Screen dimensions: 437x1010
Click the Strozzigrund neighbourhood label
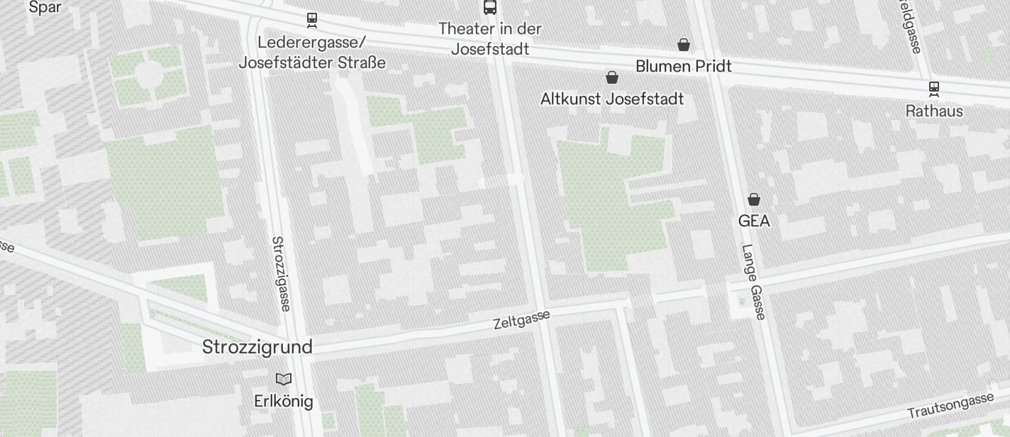coord(257,347)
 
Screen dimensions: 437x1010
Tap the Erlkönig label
coord(283,401)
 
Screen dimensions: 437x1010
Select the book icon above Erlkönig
coord(284,380)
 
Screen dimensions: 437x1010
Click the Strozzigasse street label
coord(281,273)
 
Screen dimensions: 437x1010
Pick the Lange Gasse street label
coord(753,282)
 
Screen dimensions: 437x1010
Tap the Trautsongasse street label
coord(950,406)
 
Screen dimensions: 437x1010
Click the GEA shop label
coord(754,221)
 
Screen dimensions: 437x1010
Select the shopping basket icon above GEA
coord(754,199)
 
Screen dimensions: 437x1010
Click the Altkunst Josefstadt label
coord(612,99)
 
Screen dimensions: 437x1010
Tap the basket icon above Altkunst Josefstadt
coord(612,77)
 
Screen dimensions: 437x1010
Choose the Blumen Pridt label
coord(683,66)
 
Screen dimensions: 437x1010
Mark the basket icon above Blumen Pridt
coord(683,45)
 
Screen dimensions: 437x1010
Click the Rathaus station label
coord(934,111)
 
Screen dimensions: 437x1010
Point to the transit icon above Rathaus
coord(934,89)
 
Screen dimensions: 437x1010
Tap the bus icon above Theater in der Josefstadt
coord(490,7)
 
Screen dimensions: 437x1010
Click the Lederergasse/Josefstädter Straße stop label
coord(312,52)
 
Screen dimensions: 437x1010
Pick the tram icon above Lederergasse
coord(312,20)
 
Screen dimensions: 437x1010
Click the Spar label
coord(45,8)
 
